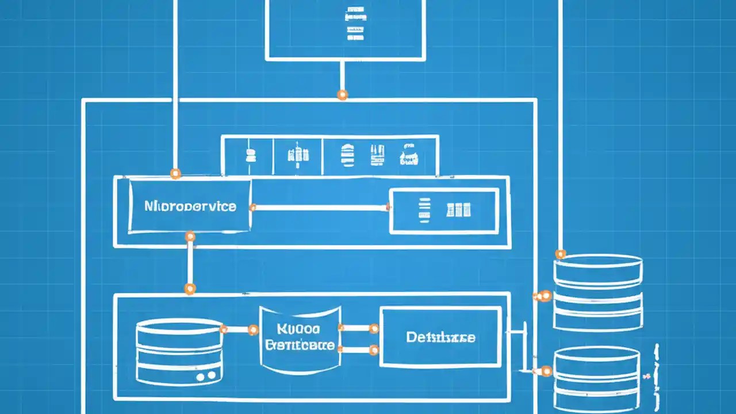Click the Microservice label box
[x=190, y=206]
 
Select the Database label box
[x=440, y=337]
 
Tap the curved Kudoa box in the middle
[x=299, y=338]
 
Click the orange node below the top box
[x=342, y=94]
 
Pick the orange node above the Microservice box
[x=175, y=173]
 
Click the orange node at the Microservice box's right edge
[x=252, y=208]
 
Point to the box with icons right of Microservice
[x=443, y=210]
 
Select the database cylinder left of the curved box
[x=179, y=352]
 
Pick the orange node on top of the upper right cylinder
[x=560, y=254]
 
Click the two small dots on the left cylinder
[x=205, y=376]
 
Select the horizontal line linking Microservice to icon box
[x=320, y=208]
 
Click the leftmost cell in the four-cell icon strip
[x=247, y=155]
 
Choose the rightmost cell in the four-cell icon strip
[x=408, y=155]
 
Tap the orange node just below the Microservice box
[x=190, y=236]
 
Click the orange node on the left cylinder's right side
[x=223, y=329]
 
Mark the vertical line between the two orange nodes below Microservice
[x=189, y=262]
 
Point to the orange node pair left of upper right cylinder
[x=542, y=296]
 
